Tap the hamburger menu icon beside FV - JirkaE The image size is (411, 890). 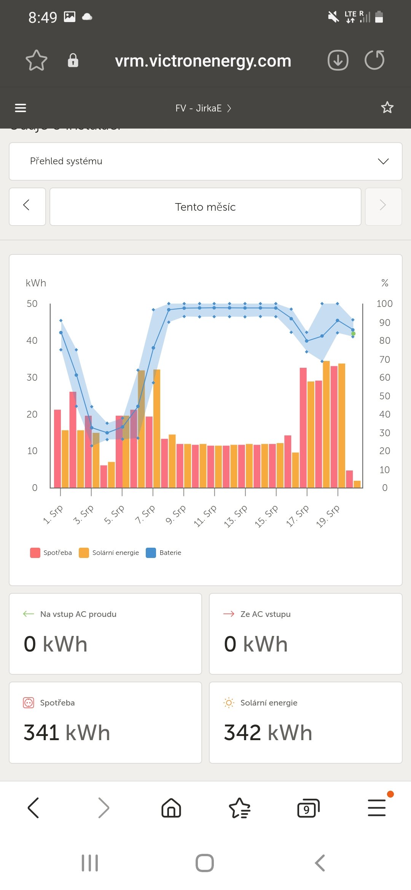(21, 108)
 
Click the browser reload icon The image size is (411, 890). (374, 60)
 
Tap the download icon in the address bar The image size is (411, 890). (338, 60)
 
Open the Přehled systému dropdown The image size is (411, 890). (205, 161)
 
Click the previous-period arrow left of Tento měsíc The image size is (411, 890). (27, 207)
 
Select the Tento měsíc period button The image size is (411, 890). (205, 207)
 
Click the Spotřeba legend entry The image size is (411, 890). (51, 553)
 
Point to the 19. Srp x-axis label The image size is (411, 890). (328, 516)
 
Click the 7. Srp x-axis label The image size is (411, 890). (145, 514)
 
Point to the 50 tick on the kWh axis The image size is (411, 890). (32, 304)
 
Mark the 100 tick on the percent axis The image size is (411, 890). (384, 304)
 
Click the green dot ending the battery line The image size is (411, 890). (353, 334)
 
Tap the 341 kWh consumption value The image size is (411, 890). (67, 733)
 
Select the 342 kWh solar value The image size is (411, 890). (268, 733)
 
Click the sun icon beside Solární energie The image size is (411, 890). (229, 702)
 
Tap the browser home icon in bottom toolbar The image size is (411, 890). (171, 808)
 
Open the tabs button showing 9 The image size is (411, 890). (308, 808)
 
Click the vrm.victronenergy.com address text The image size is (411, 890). (203, 61)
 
